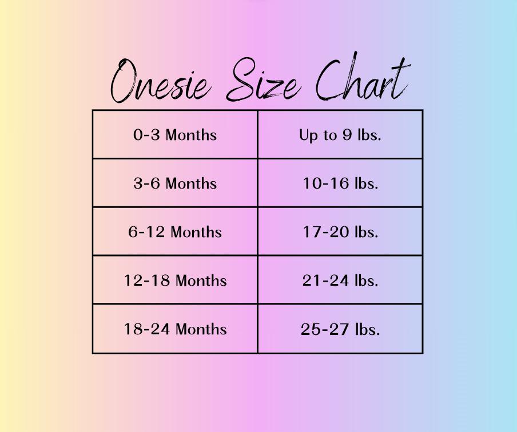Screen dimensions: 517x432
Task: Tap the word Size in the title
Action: coord(263,79)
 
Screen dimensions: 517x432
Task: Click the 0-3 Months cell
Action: coord(175,134)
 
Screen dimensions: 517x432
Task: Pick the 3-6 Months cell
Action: coord(175,183)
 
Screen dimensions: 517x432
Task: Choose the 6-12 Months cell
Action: coord(175,231)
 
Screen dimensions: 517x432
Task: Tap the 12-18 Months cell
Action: coord(175,280)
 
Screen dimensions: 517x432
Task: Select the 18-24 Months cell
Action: coord(175,329)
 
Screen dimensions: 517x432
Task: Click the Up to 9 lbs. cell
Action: coord(340,134)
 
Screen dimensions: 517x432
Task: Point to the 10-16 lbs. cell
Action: coord(340,183)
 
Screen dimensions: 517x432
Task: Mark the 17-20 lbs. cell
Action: coord(340,231)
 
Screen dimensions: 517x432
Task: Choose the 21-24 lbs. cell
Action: coord(340,280)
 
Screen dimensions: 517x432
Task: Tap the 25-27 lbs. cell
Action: coord(340,329)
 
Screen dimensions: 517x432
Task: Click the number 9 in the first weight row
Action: coord(347,134)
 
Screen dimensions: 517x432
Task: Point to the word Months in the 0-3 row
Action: coord(191,135)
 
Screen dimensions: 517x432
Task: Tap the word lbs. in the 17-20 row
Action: coord(367,231)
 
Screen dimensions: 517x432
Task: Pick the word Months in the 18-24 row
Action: coord(201,329)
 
